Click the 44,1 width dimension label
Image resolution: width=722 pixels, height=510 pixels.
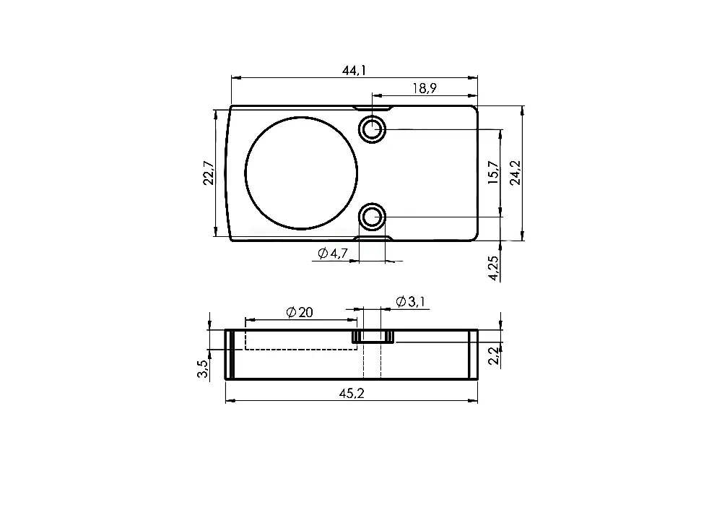(x=354, y=71)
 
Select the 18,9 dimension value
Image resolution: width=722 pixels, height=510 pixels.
(x=425, y=88)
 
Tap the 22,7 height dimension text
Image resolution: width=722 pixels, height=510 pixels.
(x=209, y=173)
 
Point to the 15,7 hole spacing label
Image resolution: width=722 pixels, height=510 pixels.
(x=493, y=173)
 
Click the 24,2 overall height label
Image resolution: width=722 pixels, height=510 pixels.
(x=516, y=173)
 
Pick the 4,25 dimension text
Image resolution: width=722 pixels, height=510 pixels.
(x=493, y=268)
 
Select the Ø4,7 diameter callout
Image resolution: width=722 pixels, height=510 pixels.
(x=332, y=253)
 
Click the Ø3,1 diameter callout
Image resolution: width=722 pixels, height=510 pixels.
(x=410, y=302)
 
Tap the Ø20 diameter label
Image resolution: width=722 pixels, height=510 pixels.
(x=300, y=312)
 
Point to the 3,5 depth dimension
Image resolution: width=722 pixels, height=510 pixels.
(x=203, y=369)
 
